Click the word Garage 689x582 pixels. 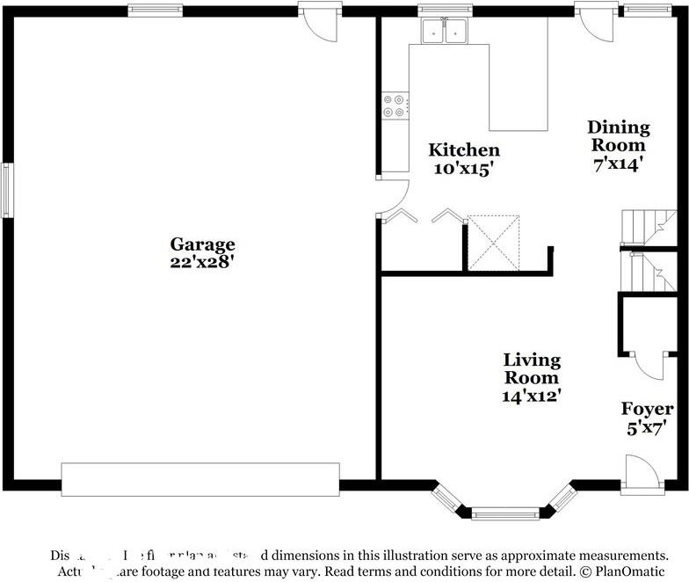click(202, 244)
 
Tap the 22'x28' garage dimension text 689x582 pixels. click(202, 261)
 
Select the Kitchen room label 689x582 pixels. click(463, 150)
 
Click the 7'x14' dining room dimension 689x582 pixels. click(617, 163)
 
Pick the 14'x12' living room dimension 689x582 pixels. click(532, 396)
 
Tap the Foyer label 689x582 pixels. click(648, 409)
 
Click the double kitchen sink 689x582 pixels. click(445, 31)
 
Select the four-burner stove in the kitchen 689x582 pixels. click(394, 105)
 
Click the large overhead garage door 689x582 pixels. click(200, 479)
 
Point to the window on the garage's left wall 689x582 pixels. click(7, 190)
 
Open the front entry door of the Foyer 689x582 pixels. click(639, 472)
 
